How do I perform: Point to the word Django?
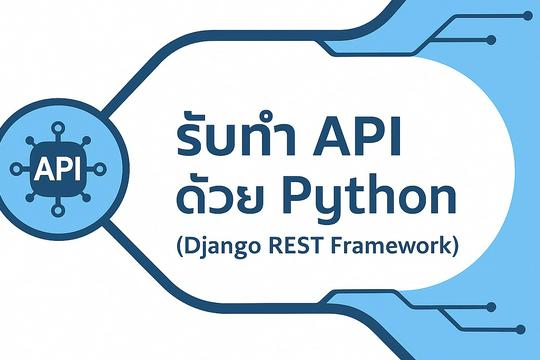point(223,246)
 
